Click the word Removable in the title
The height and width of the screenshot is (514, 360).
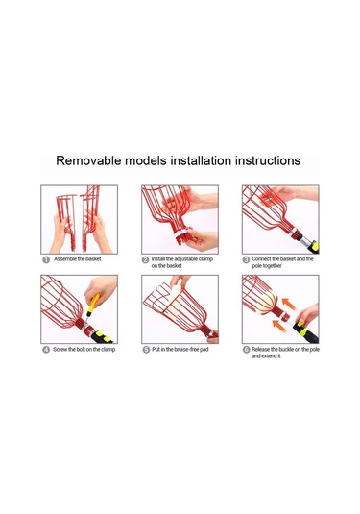(x=88, y=160)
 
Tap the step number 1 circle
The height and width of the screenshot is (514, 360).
(x=46, y=259)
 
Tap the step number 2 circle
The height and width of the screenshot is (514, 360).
(x=146, y=259)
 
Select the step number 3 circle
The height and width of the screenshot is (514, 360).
(x=246, y=259)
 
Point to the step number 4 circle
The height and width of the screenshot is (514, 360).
(x=46, y=350)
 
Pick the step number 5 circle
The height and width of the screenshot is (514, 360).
(x=146, y=350)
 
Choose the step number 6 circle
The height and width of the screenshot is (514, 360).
(x=246, y=350)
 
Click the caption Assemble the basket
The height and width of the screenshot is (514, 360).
(x=78, y=259)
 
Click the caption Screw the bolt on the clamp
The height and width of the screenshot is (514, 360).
(x=84, y=349)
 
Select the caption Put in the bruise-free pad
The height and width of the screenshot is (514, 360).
(x=180, y=349)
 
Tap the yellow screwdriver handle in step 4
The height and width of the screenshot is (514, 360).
(x=93, y=303)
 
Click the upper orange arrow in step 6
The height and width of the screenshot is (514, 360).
(x=290, y=304)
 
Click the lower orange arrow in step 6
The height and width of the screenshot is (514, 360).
(x=280, y=327)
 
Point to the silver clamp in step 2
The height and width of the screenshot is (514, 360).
(x=181, y=233)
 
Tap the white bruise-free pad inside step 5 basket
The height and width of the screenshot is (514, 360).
(x=173, y=305)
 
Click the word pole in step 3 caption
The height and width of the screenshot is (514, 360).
(x=257, y=266)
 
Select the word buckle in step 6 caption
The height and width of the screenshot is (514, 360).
(x=286, y=349)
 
